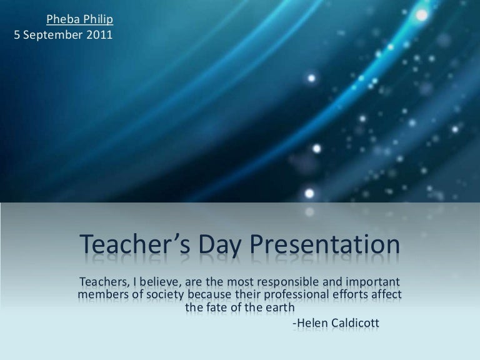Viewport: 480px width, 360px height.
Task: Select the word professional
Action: (294, 293)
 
